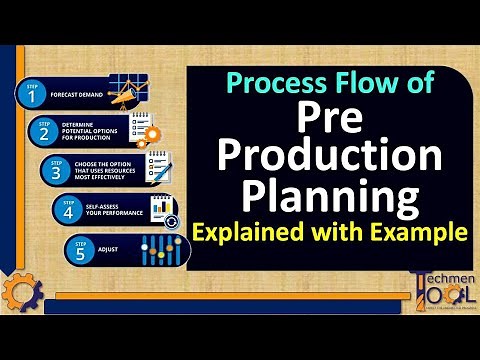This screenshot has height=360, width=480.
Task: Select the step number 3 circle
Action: coord(56,171)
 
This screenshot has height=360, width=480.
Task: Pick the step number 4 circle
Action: coord(68,210)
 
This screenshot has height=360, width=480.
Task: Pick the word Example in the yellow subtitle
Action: coord(420,234)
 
